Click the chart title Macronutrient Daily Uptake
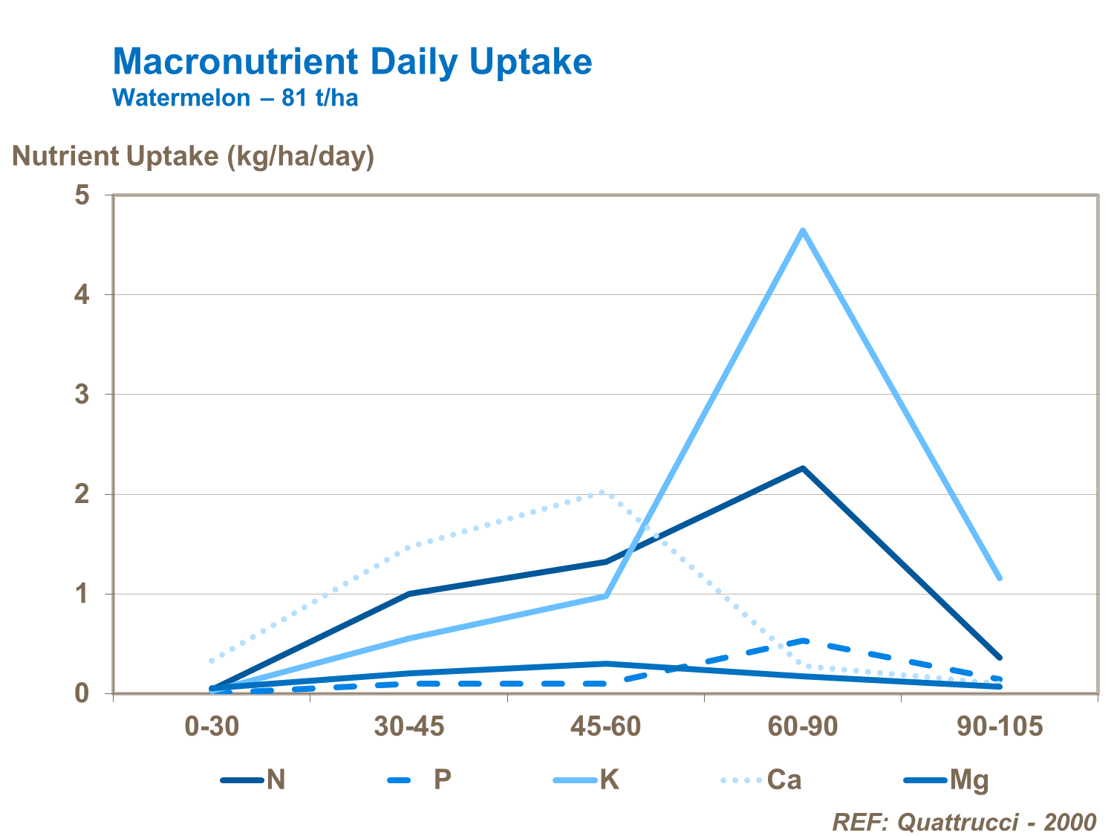(352, 62)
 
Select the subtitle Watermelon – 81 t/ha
(235, 97)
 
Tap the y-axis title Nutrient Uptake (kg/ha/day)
(193, 156)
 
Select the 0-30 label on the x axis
(212, 726)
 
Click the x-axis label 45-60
(605, 726)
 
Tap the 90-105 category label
(1000, 726)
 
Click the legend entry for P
(420, 780)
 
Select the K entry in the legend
(587, 780)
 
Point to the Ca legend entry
(762, 780)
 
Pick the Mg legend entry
(947, 780)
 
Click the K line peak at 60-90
(802, 230)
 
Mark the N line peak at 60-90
(802, 468)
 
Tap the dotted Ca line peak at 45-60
(603, 492)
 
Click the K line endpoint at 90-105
(1000, 578)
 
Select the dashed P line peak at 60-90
(802, 640)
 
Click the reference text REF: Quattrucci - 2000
(963, 822)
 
